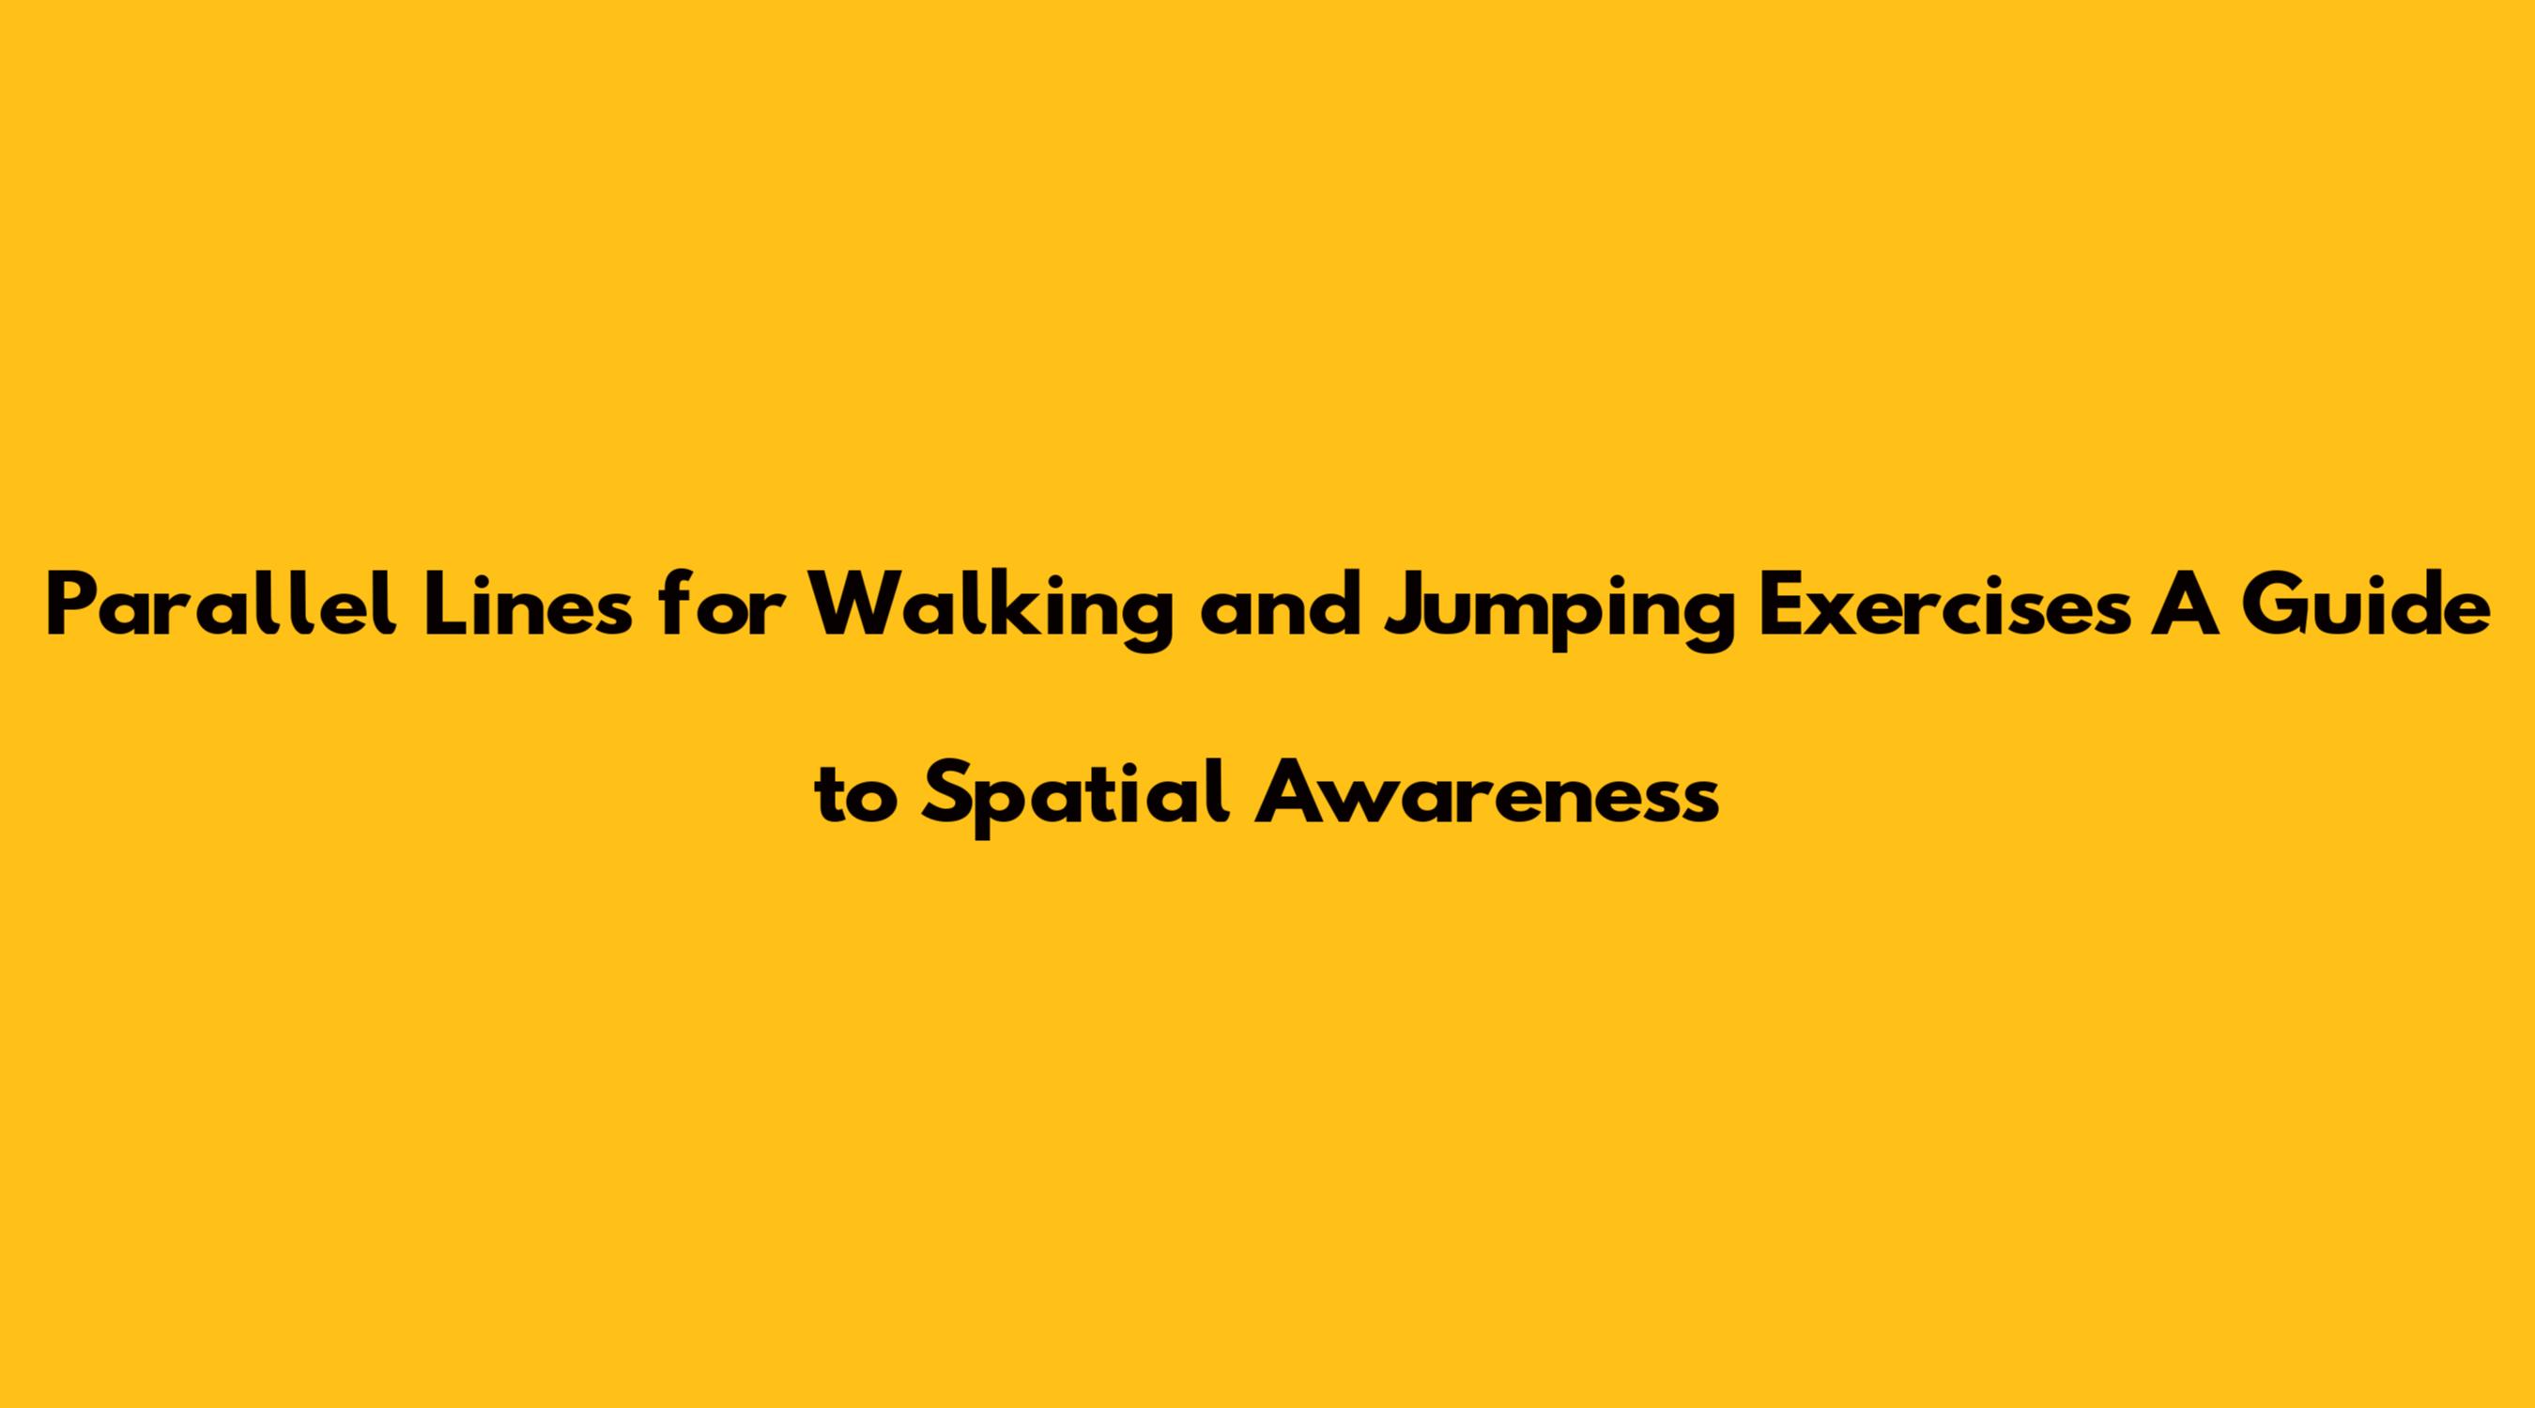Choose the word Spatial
click(x=1077, y=799)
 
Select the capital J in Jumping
click(x=1409, y=607)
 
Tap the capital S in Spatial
click(x=946, y=794)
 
